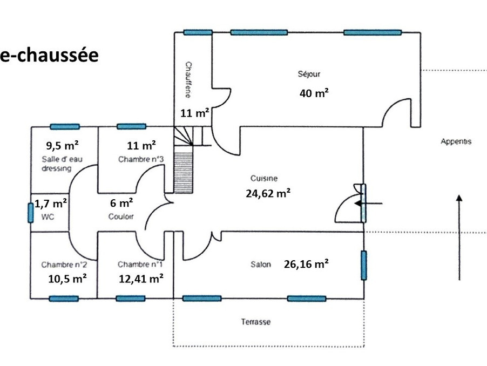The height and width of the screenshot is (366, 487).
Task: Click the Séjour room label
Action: click(309, 74)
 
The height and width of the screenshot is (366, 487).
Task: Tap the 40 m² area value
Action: click(314, 93)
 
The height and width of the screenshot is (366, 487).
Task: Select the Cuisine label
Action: click(264, 178)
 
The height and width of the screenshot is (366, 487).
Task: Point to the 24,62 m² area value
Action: click(268, 193)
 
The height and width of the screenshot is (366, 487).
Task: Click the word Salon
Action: click(261, 265)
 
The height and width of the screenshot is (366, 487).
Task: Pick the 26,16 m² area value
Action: click(306, 264)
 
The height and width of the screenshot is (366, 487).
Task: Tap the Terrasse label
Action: click(255, 322)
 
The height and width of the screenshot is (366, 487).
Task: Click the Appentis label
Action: click(456, 142)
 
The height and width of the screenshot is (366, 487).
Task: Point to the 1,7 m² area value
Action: click(51, 204)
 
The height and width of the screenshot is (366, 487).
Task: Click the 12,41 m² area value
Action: click(141, 279)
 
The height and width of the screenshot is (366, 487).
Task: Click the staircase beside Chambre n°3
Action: click(182, 162)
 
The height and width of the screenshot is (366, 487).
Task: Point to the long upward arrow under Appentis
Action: click(459, 238)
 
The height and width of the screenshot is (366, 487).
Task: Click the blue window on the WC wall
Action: click(30, 212)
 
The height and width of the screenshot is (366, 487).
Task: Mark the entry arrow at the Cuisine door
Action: click(369, 204)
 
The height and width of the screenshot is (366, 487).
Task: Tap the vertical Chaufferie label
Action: click(187, 80)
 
